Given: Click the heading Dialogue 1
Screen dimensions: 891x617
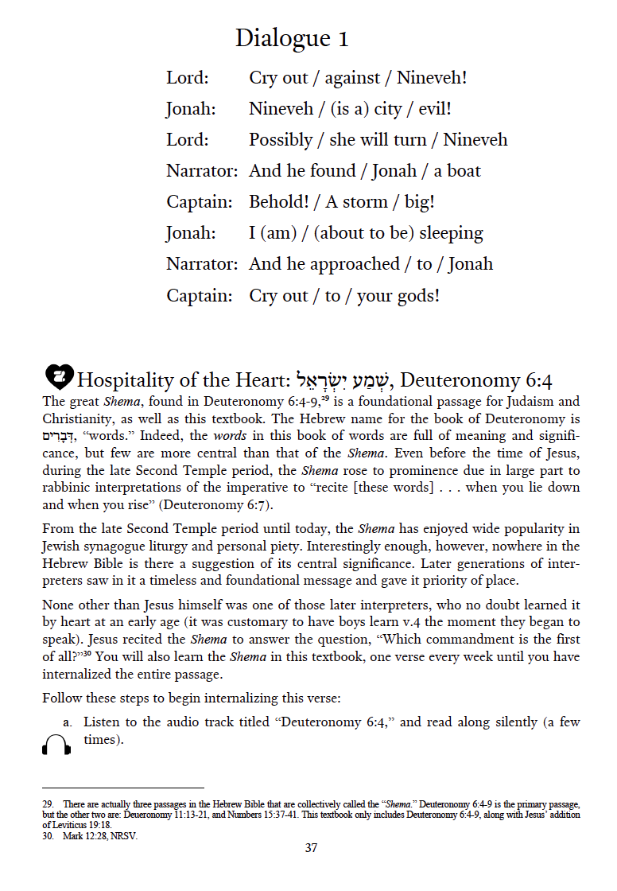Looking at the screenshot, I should pos(292,38).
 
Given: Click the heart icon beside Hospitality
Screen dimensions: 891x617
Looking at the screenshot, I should pos(60,374).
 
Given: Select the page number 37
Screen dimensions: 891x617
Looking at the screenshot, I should pos(311,848).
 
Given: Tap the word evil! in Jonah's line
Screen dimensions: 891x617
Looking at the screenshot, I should pos(435,109).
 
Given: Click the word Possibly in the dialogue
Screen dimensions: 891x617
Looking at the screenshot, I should pos(280,140).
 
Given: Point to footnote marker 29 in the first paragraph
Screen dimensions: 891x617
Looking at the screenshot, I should pos(324,397).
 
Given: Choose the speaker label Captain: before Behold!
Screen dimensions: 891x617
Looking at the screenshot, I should pos(199,202).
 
